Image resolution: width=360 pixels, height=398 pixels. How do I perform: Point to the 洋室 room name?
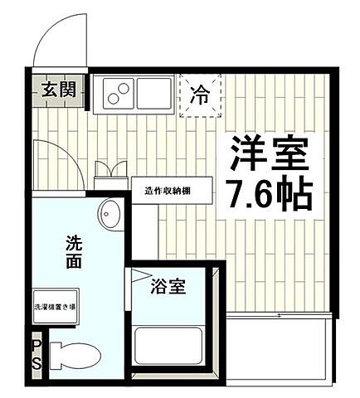pyautogui.click(x=268, y=153)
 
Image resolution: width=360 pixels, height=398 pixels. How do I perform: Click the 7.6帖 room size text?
pyautogui.click(x=268, y=193)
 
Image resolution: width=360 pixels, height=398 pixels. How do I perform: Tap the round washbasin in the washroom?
pyautogui.click(x=109, y=216)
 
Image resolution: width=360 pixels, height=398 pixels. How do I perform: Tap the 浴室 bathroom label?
pyautogui.click(x=168, y=289)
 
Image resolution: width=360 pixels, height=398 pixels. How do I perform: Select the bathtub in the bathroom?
pyautogui.click(x=170, y=348)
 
